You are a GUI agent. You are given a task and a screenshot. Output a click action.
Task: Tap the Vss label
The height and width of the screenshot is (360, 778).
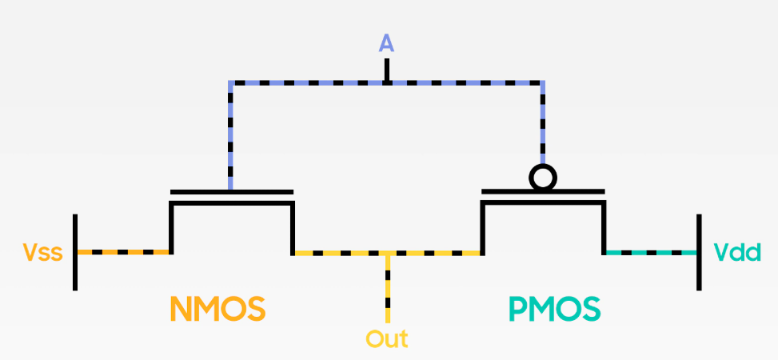(x=41, y=253)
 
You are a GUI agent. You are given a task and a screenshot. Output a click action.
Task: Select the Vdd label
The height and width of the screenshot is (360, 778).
(x=736, y=253)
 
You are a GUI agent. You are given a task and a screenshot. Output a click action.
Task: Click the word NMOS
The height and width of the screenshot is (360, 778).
(x=217, y=308)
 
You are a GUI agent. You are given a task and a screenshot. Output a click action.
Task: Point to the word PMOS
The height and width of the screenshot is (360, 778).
(x=555, y=308)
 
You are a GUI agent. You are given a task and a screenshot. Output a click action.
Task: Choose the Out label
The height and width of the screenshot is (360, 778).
(x=387, y=338)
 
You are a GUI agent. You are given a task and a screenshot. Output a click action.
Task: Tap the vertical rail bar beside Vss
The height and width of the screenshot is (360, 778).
(x=75, y=252)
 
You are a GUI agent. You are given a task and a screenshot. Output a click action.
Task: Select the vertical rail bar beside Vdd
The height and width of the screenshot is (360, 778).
(x=700, y=252)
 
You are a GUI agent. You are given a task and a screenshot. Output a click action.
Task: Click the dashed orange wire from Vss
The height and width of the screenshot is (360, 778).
(x=124, y=253)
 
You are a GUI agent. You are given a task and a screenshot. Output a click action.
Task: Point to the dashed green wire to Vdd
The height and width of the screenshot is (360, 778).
(x=651, y=253)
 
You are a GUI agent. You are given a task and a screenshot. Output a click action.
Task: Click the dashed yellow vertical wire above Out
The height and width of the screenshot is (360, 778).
(x=387, y=288)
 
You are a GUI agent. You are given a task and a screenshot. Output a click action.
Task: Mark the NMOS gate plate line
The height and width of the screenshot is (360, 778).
(x=232, y=192)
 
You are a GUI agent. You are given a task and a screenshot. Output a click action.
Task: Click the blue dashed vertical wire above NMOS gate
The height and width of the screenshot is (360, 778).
(x=231, y=136)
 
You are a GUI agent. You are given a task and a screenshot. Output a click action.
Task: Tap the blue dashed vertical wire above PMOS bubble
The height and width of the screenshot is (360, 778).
(x=543, y=120)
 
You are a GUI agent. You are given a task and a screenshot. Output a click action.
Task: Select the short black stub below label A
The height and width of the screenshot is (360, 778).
(x=387, y=70)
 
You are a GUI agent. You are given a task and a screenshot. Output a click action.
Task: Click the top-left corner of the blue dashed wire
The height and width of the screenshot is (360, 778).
(x=231, y=82)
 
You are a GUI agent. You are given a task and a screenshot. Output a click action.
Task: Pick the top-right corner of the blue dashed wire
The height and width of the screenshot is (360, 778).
(x=543, y=82)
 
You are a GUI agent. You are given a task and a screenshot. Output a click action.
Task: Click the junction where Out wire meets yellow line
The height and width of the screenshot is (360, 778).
(x=387, y=253)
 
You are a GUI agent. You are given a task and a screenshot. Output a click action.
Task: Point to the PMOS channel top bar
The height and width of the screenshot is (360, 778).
(x=543, y=202)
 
